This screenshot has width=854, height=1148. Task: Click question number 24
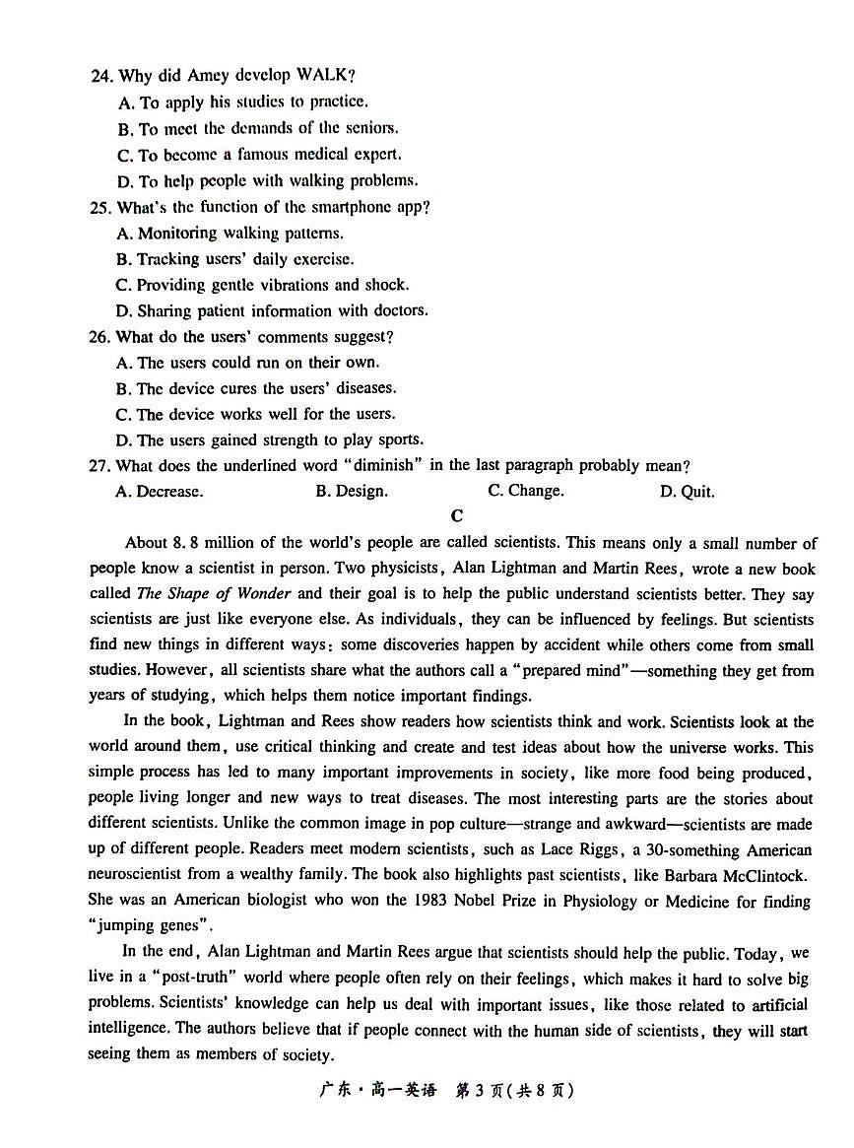100,76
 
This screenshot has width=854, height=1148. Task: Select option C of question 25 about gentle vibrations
261,285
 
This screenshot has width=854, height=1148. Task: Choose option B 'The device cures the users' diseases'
256,388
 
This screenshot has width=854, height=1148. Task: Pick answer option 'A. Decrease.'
160,491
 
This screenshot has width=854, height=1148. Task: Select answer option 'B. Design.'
352,491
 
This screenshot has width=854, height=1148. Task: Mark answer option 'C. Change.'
526,491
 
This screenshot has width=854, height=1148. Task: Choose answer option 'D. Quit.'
688,492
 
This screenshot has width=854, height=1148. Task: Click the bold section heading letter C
456,515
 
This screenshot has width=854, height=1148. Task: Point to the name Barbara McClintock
730,874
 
